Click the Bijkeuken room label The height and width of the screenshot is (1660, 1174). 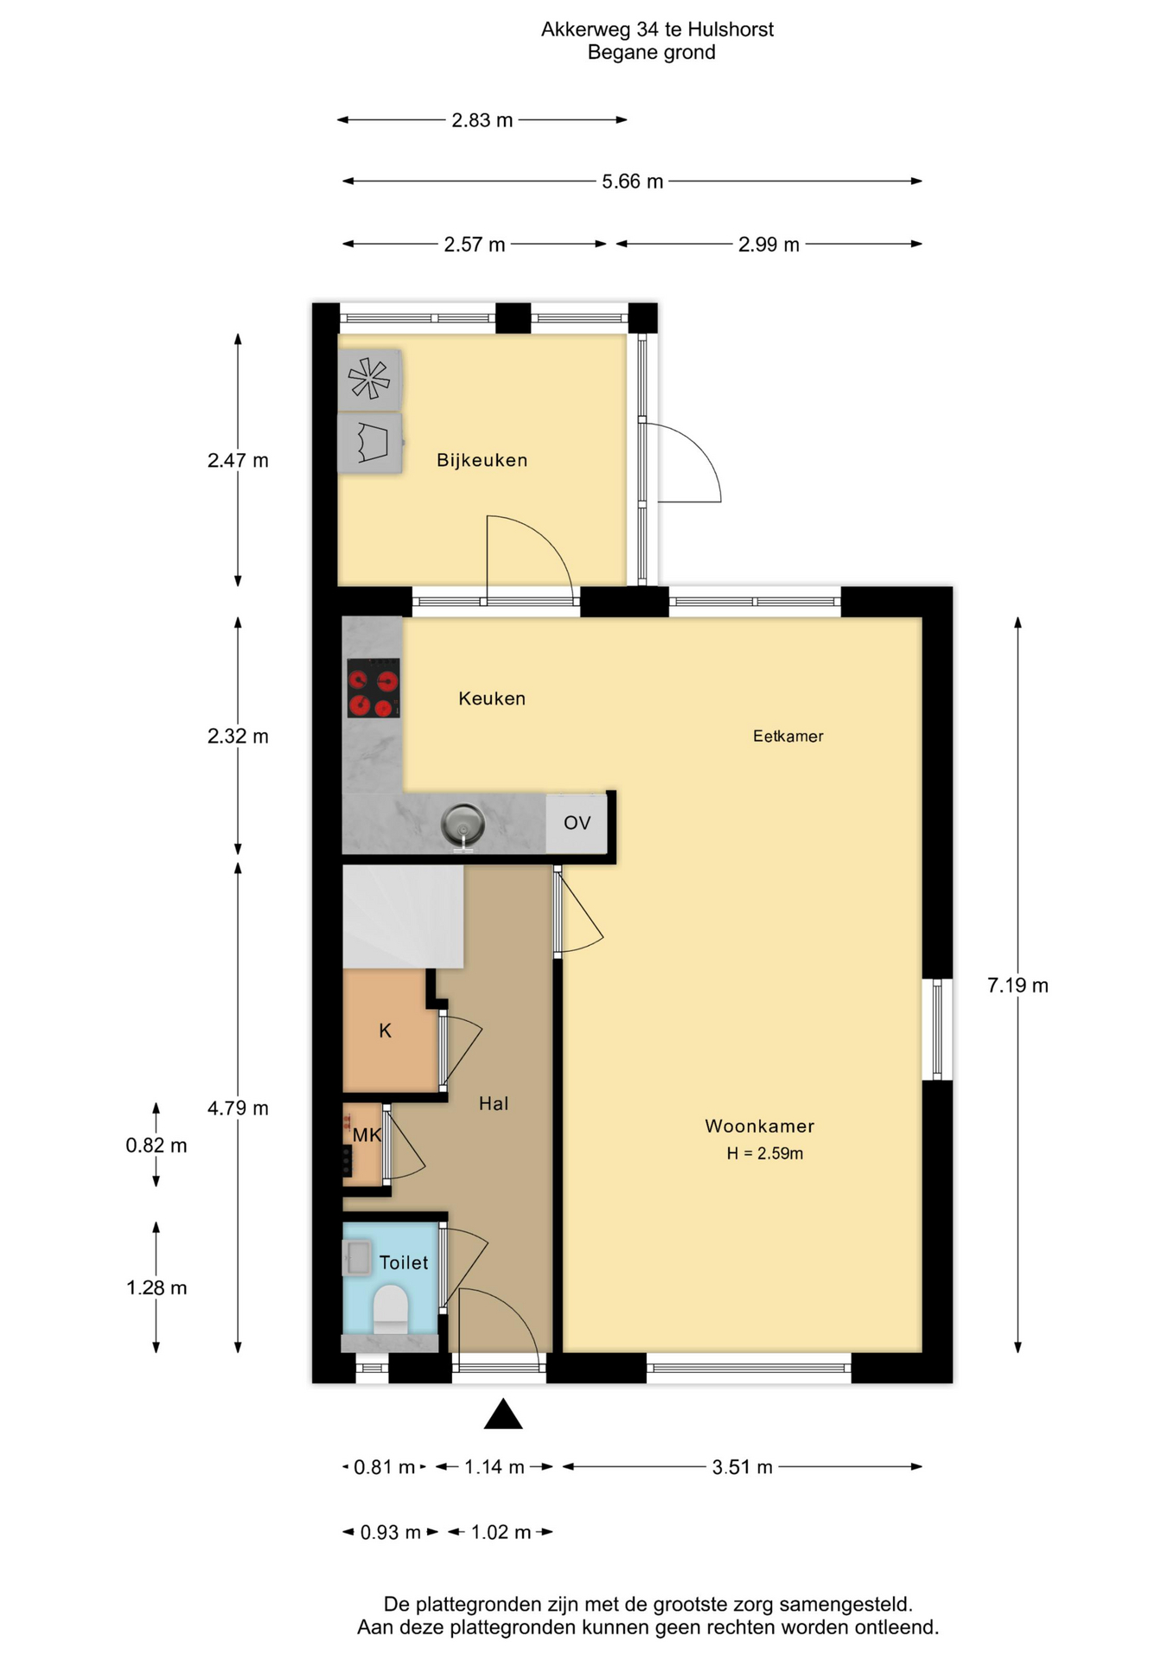click(x=482, y=460)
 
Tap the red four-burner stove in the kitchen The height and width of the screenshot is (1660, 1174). click(x=373, y=688)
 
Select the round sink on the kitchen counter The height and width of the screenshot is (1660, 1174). click(x=463, y=824)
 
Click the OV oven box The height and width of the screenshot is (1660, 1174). click(x=577, y=823)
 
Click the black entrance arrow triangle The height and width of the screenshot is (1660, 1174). click(x=503, y=1414)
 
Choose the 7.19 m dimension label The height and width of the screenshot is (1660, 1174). click(x=1018, y=986)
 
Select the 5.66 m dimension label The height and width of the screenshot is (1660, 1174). click(x=632, y=182)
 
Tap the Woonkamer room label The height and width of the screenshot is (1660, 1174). click(x=759, y=1126)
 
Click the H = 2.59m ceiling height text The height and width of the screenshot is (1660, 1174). click(x=764, y=1153)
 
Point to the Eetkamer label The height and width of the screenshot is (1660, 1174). click(x=788, y=737)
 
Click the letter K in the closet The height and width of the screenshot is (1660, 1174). click(x=386, y=1031)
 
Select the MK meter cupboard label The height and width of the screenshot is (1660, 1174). click(x=367, y=1135)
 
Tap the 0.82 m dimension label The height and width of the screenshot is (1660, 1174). click(x=156, y=1146)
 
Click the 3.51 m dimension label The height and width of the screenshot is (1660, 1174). click(x=742, y=1467)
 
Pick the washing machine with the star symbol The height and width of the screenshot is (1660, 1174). click(x=369, y=380)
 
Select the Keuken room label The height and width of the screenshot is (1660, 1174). click(x=492, y=699)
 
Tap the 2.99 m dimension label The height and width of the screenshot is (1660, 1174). click(x=769, y=245)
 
